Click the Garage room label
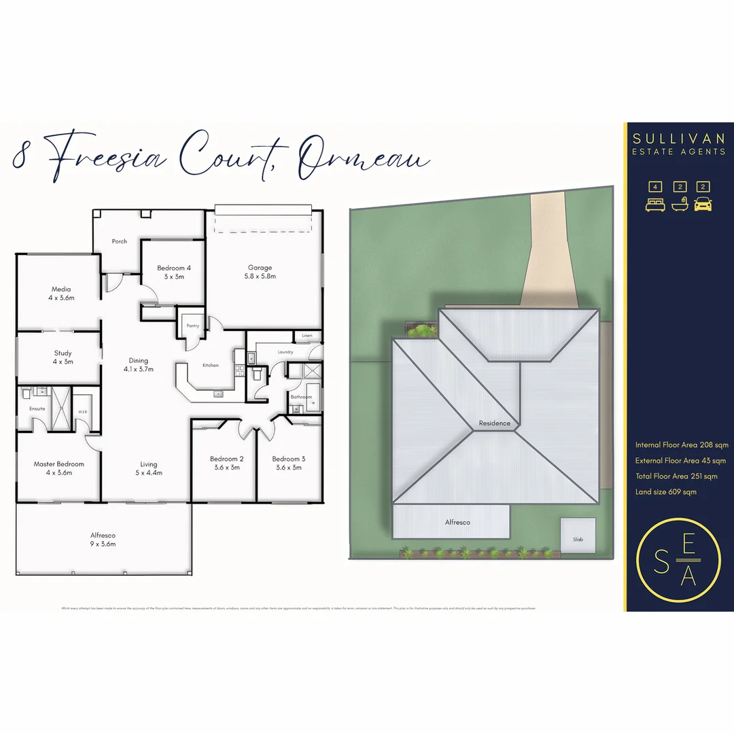coord(260,272)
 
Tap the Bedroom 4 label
coord(174,272)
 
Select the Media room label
coord(61,294)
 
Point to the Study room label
coord(63,357)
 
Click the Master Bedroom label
coord(59,468)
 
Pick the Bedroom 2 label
coord(227,463)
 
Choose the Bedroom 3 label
coord(289,463)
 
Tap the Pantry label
coord(193,326)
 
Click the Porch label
coord(120,241)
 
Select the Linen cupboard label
coord(307,336)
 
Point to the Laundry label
coord(285,352)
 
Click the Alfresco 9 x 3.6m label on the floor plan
coord(103,540)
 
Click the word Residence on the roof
coord(494,423)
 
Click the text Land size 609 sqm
coord(666,491)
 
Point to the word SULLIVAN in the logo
coord(679,139)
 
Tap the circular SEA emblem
coord(678,560)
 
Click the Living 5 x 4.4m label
coord(149,468)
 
